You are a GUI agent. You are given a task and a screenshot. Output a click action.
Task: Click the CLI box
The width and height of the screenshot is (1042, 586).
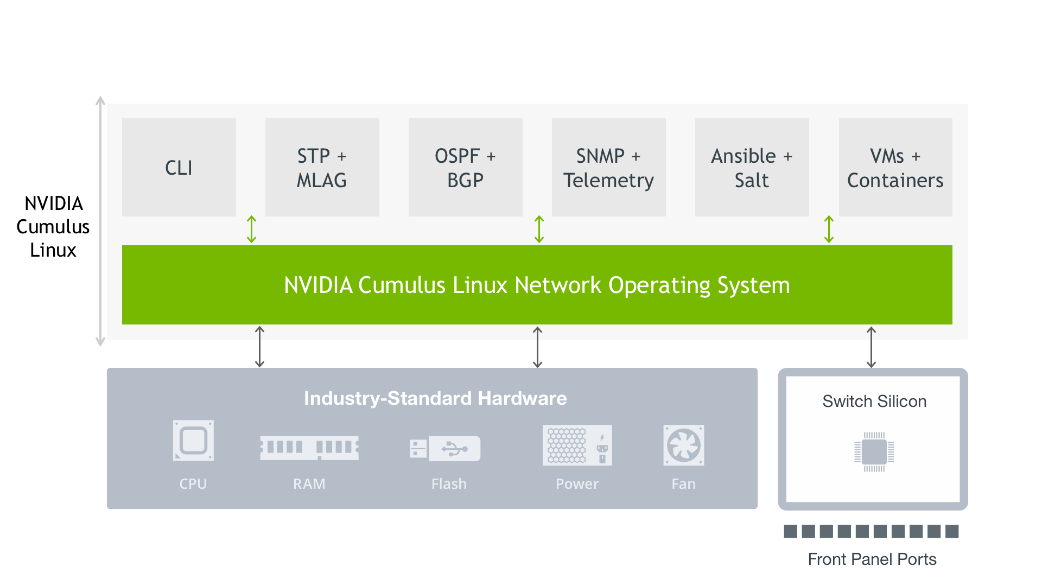179,168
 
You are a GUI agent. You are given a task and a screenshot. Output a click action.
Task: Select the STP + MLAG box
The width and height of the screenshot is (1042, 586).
322,168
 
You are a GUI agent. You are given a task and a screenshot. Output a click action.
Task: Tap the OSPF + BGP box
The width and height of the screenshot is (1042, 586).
465,168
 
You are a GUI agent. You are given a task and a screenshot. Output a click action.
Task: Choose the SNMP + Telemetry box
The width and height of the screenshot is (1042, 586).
608,168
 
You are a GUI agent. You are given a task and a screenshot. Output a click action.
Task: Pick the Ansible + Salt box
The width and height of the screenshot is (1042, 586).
752,168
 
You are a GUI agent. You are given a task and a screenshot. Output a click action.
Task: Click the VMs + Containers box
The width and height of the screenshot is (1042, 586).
895,168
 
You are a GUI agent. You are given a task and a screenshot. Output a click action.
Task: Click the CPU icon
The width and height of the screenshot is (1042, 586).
193,441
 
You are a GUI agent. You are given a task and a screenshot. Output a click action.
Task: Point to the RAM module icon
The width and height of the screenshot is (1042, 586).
309,448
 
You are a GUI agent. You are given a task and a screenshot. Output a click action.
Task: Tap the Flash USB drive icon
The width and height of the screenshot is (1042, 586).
445,449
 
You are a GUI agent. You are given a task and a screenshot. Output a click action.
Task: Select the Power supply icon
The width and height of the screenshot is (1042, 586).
577,445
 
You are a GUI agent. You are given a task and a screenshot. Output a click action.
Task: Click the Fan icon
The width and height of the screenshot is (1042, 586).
684,445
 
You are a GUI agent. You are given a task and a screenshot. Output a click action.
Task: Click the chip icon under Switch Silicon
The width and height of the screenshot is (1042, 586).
874,452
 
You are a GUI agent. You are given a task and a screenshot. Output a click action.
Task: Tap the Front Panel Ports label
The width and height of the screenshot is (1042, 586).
872,559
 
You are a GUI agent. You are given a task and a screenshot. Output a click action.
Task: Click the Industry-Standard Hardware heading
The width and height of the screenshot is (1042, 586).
435,398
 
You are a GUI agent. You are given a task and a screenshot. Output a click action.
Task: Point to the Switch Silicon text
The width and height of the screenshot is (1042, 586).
874,402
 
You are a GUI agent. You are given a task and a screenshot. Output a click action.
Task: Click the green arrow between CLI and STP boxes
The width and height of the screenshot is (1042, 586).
251,229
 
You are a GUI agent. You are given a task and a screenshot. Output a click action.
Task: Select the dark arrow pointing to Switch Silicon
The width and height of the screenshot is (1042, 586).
871,347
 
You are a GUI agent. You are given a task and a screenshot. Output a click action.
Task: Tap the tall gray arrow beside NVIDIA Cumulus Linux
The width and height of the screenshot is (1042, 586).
100,221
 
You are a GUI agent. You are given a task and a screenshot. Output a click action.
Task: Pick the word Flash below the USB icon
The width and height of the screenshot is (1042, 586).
449,484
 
